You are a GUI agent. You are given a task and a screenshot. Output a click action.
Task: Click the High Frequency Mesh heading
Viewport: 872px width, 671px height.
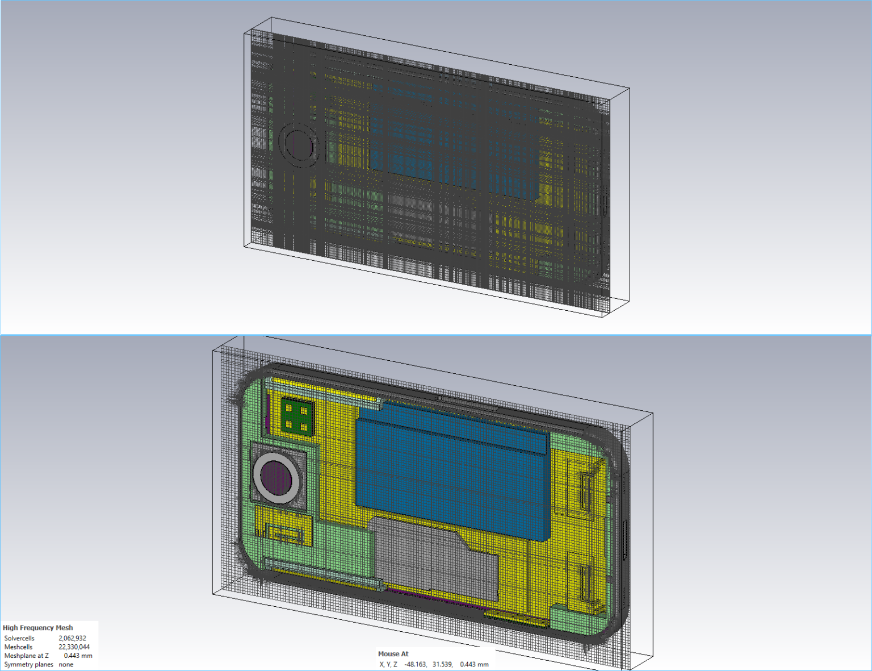(x=37, y=628)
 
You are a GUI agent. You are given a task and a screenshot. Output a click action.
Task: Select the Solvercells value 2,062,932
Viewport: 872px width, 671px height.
(x=72, y=638)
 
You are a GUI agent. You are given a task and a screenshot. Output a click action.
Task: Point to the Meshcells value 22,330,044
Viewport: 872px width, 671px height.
(x=74, y=647)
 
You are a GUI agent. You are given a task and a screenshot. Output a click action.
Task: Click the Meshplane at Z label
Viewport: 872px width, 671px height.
(x=26, y=656)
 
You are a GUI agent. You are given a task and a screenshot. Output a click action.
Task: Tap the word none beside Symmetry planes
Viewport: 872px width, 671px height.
(x=66, y=664)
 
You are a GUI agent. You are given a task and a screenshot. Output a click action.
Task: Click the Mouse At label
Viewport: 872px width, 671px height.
(x=393, y=654)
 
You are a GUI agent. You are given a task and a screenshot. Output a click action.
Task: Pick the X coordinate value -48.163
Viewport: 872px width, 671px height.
(x=415, y=664)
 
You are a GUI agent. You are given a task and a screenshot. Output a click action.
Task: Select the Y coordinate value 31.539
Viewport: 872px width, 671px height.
(x=442, y=664)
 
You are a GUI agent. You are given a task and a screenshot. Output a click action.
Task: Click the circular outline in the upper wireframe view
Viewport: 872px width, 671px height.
(x=297, y=145)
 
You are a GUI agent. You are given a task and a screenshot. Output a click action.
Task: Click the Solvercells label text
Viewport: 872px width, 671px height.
(x=19, y=638)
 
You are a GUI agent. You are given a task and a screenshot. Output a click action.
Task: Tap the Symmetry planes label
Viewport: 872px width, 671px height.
(x=28, y=664)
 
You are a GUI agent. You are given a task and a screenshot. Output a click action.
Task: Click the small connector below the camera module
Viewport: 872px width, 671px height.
(x=283, y=534)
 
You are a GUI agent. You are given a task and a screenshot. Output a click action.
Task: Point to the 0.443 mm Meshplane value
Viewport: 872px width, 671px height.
(x=78, y=656)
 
